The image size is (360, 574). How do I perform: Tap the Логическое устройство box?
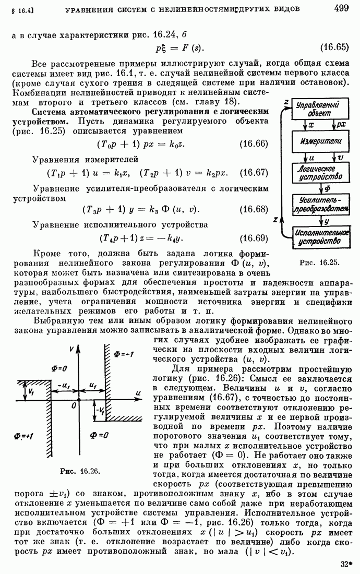pyautogui.click(x=321, y=173)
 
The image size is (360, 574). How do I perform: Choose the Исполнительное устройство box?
pyautogui.click(x=321, y=236)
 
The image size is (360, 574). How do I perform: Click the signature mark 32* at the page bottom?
pyautogui.click(x=344, y=564)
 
